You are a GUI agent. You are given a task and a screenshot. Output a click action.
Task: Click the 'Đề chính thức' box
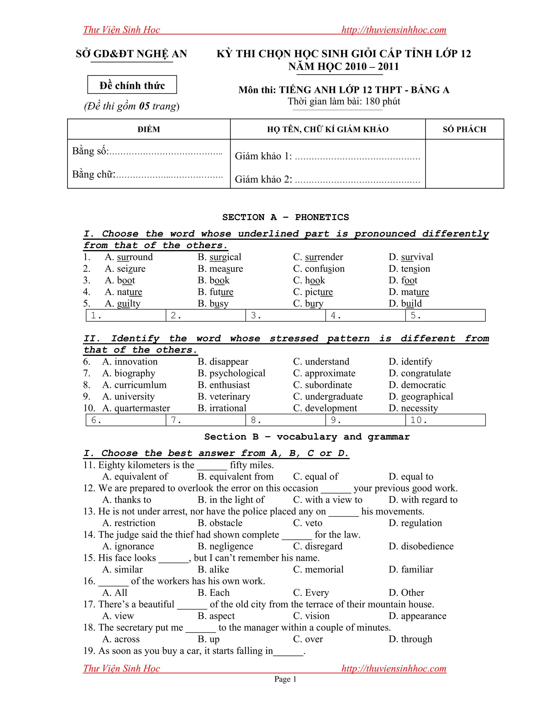pos(132,85)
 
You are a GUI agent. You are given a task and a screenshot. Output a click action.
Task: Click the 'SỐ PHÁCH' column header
pos(464,129)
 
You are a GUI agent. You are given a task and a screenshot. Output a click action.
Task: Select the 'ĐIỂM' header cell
pos(149,129)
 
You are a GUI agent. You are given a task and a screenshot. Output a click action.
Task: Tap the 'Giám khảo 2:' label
pos(263,179)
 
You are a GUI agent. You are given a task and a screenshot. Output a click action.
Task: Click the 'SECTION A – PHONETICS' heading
pos(285,217)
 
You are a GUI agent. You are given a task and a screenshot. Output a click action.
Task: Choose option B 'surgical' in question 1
pos(219,257)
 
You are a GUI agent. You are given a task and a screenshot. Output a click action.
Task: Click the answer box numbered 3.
pos(285,315)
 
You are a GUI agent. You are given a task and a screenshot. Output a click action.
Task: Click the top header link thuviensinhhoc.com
pos(394,30)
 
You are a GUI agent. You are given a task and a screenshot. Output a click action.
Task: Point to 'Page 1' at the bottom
pos(285,679)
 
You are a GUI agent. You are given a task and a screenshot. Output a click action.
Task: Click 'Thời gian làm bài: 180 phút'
pos(344,101)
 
